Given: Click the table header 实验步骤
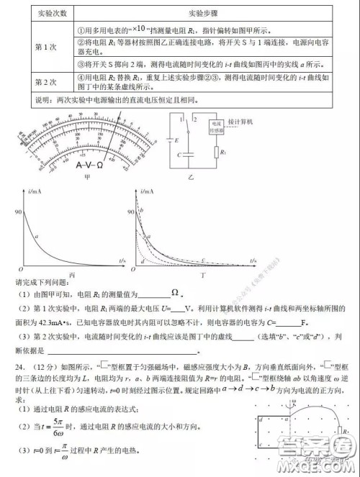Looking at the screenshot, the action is point(184,13).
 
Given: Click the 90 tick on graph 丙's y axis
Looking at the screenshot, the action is point(17,212).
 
